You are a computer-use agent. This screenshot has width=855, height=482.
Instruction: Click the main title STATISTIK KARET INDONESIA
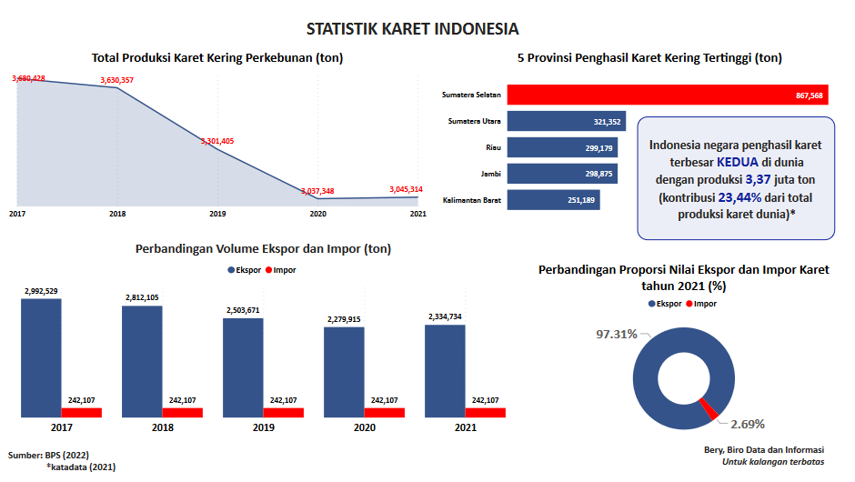427,29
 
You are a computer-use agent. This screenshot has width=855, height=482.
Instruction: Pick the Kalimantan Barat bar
553,200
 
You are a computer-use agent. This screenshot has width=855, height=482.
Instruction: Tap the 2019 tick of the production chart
217,214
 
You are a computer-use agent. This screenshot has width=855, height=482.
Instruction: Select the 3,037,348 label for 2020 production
317,191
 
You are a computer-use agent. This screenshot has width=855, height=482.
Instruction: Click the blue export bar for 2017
41,357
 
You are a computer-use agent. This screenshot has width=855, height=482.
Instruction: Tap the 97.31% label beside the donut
616,335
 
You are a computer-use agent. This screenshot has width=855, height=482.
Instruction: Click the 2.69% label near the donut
748,424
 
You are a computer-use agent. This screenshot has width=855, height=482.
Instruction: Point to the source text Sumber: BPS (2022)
49,454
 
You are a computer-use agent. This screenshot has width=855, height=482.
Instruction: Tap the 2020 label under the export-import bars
364,427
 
